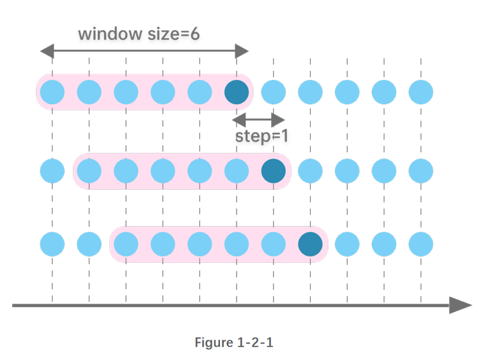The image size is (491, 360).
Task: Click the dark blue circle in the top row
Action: point(237,93)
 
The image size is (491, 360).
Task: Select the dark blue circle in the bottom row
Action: point(310,244)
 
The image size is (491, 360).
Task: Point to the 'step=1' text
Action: point(261,136)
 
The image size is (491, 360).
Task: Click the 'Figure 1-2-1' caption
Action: point(234,342)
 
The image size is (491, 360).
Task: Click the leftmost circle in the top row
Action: point(52,93)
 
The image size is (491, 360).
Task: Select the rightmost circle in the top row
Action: point(421,93)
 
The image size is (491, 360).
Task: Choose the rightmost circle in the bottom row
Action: point(421,244)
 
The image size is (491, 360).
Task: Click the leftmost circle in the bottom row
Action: point(52,244)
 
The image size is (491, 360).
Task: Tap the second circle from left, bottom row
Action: point(89,244)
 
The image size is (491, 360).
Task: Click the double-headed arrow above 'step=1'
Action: point(258,120)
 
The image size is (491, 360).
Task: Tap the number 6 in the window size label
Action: point(194,33)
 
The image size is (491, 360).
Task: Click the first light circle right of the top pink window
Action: point(274,93)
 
